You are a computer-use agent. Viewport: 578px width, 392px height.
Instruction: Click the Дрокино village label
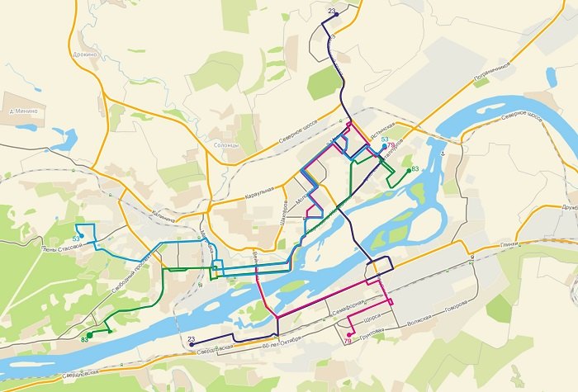click(x=85, y=54)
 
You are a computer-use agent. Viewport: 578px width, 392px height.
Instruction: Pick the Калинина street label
click(x=163, y=219)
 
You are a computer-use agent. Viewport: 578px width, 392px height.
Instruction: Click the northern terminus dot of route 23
click(x=336, y=14)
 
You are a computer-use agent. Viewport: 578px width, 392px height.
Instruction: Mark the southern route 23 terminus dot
click(x=192, y=345)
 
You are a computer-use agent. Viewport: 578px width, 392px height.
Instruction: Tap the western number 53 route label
click(x=75, y=239)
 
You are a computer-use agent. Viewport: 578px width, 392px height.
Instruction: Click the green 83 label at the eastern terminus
click(x=415, y=169)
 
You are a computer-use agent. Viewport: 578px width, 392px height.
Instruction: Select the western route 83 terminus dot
click(x=90, y=335)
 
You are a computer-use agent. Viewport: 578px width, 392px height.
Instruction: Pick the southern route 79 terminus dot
click(x=350, y=334)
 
